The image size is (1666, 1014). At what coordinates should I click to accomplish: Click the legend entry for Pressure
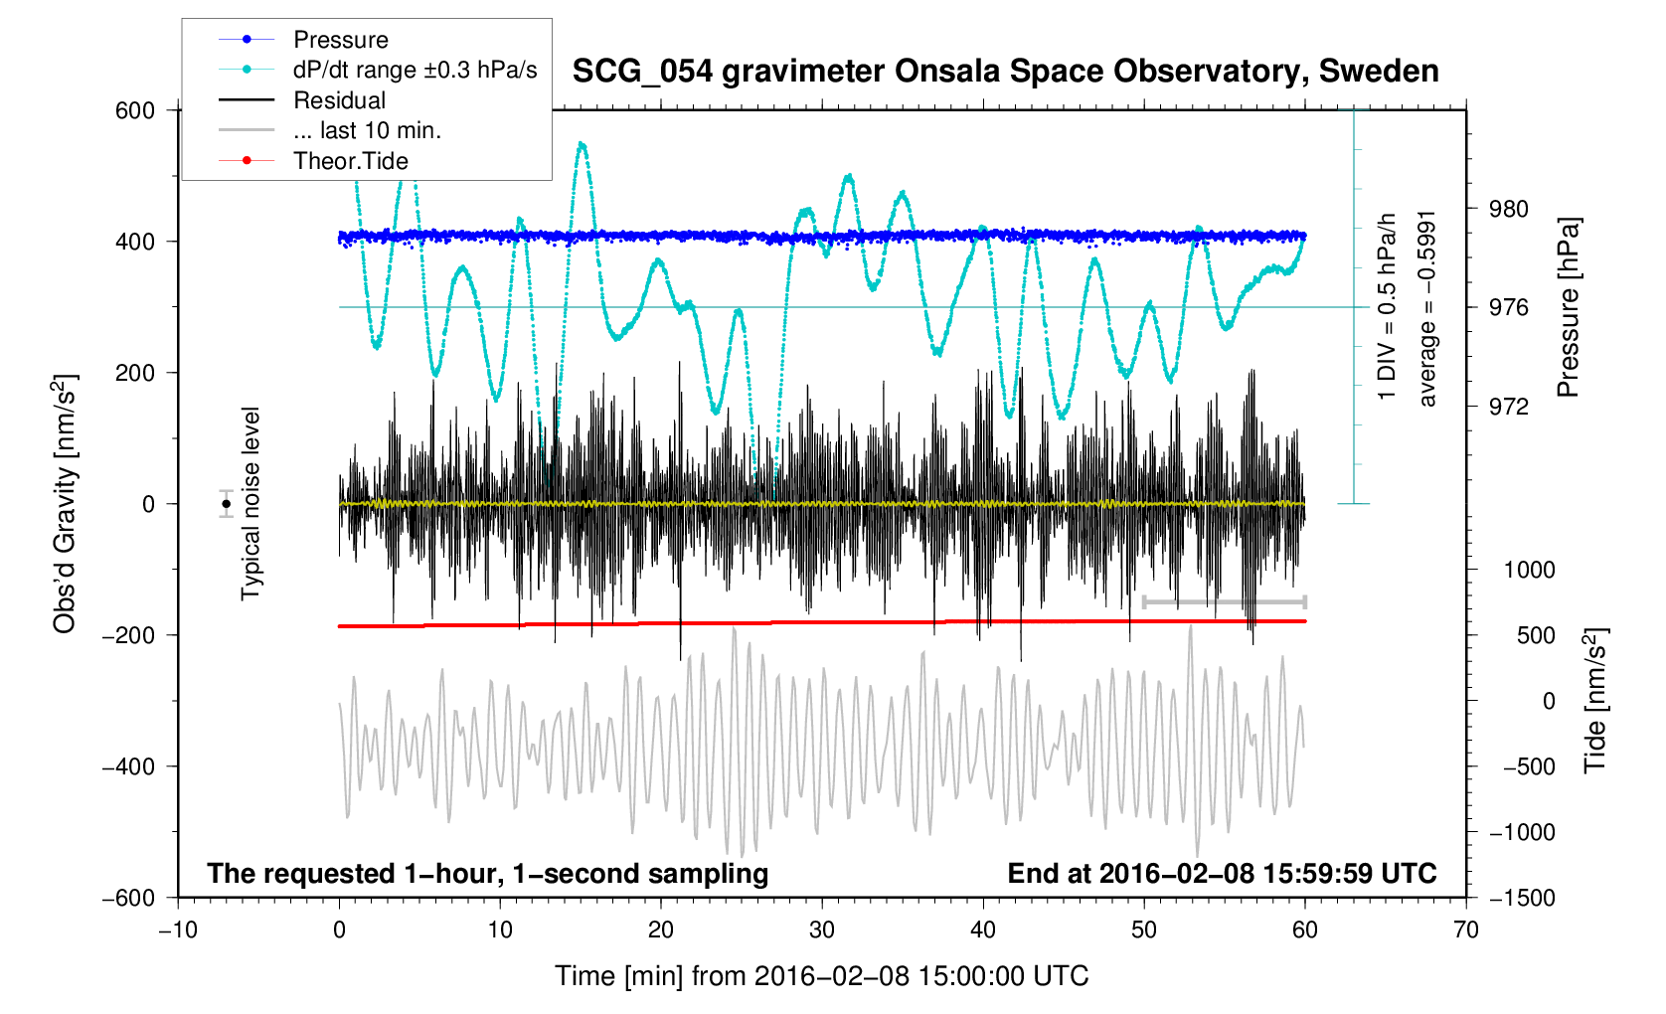coord(340,40)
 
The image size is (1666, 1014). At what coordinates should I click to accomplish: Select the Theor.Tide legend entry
coord(350,161)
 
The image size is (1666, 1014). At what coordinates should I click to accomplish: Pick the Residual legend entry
coord(339,100)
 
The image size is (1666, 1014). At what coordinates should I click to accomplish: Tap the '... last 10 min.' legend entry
coord(367,130)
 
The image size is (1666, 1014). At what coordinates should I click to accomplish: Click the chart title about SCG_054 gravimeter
coord(1005,72)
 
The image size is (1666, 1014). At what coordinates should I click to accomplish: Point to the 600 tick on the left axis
coord(135,110)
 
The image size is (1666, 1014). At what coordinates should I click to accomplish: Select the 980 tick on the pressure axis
coord(1508,209)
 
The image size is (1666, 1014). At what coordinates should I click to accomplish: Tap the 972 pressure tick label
coord(1508,407)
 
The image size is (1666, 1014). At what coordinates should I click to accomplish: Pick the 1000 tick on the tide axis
coord(1529,571)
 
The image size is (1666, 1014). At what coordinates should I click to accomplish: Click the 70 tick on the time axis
coord(1465,930)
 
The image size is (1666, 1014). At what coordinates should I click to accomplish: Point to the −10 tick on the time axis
coord(178,930)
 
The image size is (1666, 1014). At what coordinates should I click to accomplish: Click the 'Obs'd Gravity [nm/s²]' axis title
coord(65,504)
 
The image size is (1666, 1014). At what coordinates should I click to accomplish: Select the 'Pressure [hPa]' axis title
coord(1569,307)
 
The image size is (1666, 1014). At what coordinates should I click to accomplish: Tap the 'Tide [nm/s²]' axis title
coord(1595,700)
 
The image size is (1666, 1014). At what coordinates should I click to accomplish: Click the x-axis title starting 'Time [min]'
coord(821,976)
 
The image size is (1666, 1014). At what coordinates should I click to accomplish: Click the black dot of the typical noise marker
coord(227,504)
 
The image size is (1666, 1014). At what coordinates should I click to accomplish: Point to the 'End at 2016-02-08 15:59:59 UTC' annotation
coord(1222,874)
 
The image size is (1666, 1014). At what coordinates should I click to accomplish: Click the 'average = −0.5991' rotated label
coord(1427,308)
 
